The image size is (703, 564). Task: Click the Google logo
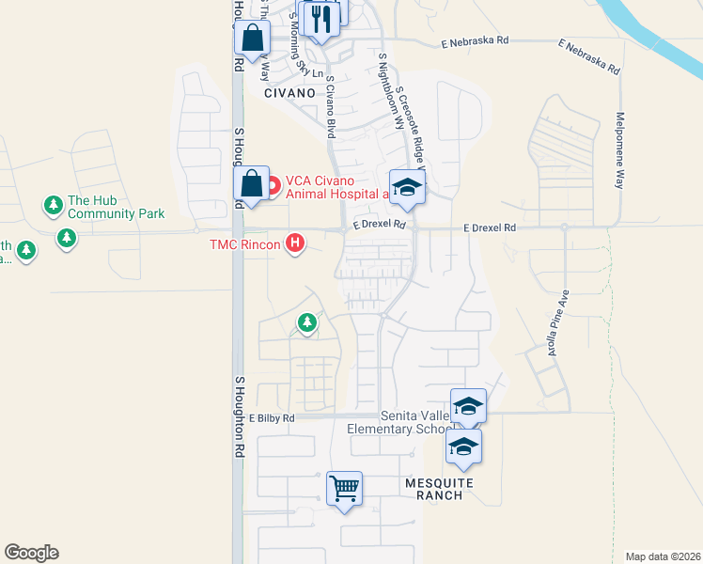(31, 553)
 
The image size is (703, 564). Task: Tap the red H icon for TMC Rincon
(296, 244)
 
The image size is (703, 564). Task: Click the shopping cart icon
(345, 488)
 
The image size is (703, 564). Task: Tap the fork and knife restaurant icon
(321, 18)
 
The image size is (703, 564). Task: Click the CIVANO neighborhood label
(290, 94)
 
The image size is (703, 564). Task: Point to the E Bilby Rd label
(272, 417)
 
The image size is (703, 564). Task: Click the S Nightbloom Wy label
(383, 85)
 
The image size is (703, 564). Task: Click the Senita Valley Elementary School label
(399, 422)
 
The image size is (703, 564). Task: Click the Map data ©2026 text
(663, 556)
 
